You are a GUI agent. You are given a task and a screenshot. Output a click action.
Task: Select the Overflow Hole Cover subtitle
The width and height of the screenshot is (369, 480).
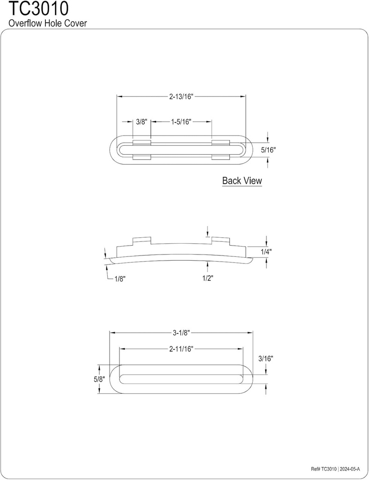pyautogui.click(x=48, y=23)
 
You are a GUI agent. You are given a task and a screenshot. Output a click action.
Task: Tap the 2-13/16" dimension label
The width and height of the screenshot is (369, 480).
pyautogui.click(x=181, y=97)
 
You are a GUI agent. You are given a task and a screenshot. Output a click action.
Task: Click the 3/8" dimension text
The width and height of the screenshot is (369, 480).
pyautogui.click(x=141, y=121)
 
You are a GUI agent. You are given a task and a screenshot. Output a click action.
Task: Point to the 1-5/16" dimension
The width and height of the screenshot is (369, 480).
pyautogui.click(x=181, y=121)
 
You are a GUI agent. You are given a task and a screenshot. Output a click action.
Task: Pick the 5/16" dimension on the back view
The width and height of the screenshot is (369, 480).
pyautogui.click(x=268, y=150)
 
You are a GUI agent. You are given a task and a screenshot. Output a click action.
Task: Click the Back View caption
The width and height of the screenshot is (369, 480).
pyautogui.click(x=242, y=180)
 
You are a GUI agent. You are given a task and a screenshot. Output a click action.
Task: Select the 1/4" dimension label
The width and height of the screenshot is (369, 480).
pyautogui.click(x=266, y=252)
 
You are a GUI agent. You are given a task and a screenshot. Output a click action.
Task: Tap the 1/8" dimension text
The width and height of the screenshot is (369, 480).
pyautogui.click(x=120, y=278)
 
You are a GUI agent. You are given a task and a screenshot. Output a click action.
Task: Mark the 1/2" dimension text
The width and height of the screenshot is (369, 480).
pyautogui.click(x=207, y=278)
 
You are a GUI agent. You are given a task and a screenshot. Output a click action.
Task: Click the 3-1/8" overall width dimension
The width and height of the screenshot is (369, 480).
pyautogui.click(x=181, y=333)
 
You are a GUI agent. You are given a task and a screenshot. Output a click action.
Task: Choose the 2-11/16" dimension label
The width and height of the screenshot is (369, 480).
pyautogui.click(x=181, y=349)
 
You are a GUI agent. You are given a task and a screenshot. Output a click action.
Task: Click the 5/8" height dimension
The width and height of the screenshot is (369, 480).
pyautogui.click(x=98, y=379)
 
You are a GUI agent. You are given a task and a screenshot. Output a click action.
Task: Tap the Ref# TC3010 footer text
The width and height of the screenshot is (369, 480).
pyautogui.click(x=324, y=469)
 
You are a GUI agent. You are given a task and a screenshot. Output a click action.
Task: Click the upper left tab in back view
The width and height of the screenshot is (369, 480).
pyautogui.click(x=141, y=142)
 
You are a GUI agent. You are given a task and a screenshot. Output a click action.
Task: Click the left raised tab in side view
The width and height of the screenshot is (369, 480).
pyautogui.click(x=142, y=241)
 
